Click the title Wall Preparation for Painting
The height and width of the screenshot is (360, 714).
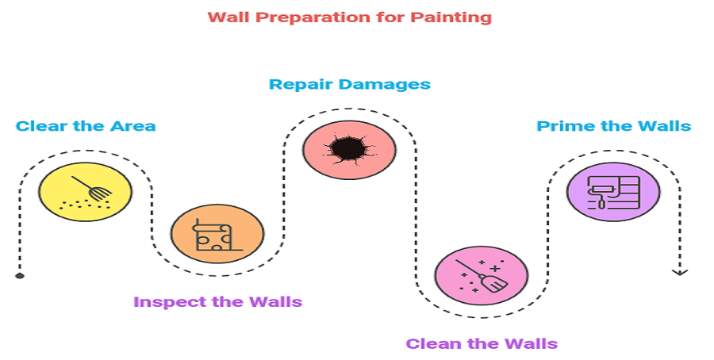pyautogui.click(x=349, y=17)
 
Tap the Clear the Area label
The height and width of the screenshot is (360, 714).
pyautogui.click(x=86, y=126)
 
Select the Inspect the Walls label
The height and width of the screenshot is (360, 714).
pyautogui.click(x=217, y=302)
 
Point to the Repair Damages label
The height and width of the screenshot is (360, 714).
pyautogui.click(x=349, y=84)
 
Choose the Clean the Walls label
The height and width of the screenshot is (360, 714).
pyautogui.click(x=482, y=344)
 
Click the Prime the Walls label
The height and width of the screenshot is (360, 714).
pyautogui.click(x=613, y=126)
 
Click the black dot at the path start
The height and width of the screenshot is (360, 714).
pyautogui.click(x=19, y=276)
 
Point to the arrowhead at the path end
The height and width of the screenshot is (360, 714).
pyautogui.click(x=679, y=272)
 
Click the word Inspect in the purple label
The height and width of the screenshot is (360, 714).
pyautogui.click(x=163, y=302)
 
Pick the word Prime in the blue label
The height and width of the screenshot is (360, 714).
pyautogui.click(x=558, y=126)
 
